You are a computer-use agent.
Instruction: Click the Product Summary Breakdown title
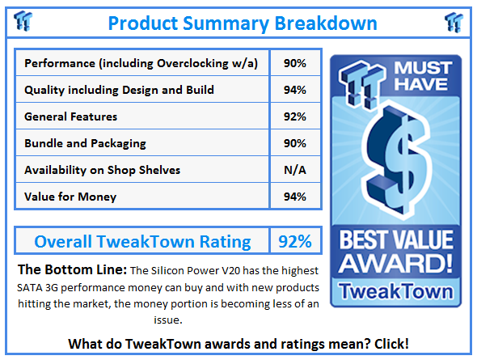point(243,23)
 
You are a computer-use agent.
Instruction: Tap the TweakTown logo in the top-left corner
point(23,21)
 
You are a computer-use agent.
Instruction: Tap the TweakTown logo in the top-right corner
point(454,22)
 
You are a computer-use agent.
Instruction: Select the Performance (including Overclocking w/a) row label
point(141,63)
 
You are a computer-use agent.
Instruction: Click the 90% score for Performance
point(295,63)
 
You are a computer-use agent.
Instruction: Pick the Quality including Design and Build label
point(119,90)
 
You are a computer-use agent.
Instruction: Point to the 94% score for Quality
point(295,90)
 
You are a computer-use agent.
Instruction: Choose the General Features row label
point(70,116)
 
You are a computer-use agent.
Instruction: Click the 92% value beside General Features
point(295,116)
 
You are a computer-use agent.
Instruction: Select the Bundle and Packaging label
point(85,143)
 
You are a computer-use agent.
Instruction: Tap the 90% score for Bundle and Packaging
point(295,143)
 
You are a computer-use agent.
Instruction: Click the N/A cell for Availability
point(295,170)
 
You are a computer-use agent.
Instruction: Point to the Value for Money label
point(70,197)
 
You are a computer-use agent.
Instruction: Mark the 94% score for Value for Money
point(295,197)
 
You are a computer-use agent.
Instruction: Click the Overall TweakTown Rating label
point(142,242)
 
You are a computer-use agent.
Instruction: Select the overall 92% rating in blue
point(295,242)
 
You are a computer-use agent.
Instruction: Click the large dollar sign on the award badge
point(396,161)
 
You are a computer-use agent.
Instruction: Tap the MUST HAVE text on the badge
point(423,76)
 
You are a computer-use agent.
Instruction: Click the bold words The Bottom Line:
point(72,269)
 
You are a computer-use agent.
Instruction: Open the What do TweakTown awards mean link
point(238,344)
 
